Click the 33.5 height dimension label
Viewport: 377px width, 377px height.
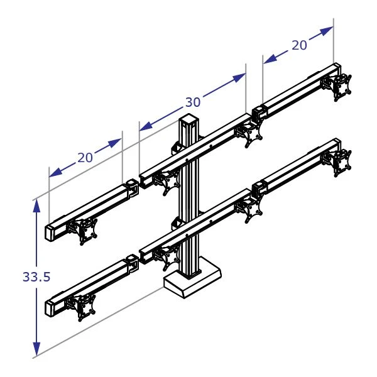tap(36, 277)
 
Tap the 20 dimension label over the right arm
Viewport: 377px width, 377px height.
tap(299, 45)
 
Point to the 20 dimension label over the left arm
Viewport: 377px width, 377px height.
tap(85, 158)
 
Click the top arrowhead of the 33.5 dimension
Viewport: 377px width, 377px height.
tap(37, 204)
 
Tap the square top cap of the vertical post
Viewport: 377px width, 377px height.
tap(189, 119)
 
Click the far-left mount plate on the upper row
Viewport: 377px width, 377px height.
tap(85, 231)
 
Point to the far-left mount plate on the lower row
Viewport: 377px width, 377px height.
tap(84, 308)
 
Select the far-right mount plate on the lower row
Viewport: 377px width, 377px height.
tap(343, 161)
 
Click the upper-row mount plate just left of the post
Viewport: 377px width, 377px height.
tap(168, 183)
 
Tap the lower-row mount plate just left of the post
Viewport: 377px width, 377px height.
tap(167, 256)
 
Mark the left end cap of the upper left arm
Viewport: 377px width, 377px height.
tap(50, 232)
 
